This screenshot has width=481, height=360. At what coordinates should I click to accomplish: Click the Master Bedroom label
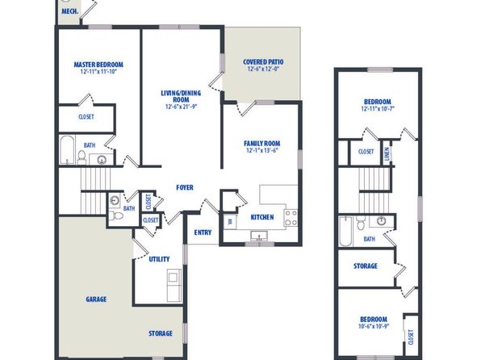(98, 65)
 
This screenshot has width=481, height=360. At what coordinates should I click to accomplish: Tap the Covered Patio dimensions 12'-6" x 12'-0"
(263, 69)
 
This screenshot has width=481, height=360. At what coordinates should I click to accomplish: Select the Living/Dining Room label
(181, 96)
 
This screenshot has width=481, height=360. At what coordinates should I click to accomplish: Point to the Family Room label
(262, 144)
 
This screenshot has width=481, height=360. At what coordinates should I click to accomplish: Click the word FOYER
(185, 187)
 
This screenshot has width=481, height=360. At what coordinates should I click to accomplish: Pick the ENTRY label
(203, 232)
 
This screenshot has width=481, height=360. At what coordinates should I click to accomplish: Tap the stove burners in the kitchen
(291, 218)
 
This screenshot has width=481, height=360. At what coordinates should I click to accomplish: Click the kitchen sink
(259, 236)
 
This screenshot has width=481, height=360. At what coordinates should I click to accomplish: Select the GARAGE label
(96, 299)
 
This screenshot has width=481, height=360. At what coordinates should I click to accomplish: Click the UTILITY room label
(159, 259)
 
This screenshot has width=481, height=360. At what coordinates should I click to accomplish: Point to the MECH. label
(70, 11)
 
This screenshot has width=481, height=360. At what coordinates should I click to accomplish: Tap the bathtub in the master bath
(67, 150)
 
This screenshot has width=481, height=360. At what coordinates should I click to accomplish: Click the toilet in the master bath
(82, 157)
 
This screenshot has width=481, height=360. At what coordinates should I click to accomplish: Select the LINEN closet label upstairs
(387, 153)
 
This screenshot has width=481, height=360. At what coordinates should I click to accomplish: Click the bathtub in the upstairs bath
(345, 231)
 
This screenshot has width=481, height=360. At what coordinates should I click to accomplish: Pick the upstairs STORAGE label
(366, 266)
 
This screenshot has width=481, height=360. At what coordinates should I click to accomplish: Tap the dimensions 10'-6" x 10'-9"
(374, 326)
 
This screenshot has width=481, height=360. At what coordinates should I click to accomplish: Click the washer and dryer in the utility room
(174, 285)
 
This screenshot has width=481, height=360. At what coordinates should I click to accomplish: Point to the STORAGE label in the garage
(161, 333)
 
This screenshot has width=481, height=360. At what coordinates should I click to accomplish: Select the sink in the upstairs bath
(381, 221)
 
